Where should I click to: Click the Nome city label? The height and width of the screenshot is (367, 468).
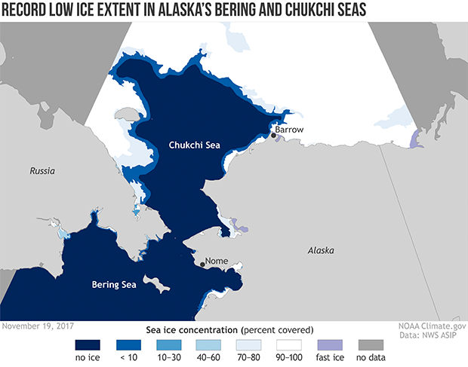point(217,262)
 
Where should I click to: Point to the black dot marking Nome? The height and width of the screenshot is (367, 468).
point(202,264)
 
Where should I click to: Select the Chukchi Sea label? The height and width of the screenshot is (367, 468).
point(194,145)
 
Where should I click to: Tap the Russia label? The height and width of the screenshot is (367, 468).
point(42,172)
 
